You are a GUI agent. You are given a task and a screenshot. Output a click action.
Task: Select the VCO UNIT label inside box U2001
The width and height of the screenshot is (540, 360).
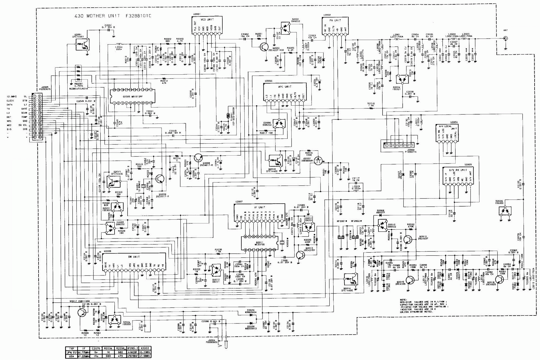[x=207, y=20]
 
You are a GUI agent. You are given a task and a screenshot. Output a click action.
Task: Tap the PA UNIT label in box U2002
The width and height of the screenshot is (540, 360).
[x=335, y=20]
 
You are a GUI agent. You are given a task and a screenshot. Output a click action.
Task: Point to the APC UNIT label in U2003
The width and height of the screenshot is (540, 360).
[x=285, y=87]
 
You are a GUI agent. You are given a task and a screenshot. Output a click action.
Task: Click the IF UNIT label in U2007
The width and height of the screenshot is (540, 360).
[x=260, y=207]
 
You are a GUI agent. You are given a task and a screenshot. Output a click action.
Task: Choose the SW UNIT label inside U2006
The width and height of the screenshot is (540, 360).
[x=134, y=257]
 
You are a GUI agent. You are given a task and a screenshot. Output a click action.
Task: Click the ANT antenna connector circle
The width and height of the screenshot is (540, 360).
[x=505, y=38]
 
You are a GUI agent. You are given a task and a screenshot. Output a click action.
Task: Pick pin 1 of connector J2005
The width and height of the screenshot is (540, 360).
[x=35, y=96]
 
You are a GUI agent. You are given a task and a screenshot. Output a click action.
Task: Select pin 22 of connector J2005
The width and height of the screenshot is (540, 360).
[x=40, y=137]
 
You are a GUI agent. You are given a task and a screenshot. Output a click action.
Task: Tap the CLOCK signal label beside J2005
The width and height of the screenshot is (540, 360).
[x=10, y=101]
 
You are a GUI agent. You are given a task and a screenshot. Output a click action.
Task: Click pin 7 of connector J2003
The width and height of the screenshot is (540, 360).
[x=411, y=145]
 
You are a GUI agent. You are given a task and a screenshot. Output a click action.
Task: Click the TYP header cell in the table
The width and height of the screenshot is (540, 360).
[x=71, y=349]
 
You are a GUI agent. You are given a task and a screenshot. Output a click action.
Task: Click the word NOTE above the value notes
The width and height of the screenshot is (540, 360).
[x=403, y=300]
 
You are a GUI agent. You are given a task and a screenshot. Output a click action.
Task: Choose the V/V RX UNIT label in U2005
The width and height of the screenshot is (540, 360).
[x=458, y=170]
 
